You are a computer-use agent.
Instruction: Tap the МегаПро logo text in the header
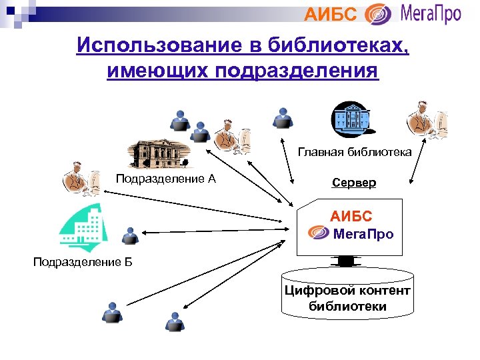pyautogui.click(x=431, y=14)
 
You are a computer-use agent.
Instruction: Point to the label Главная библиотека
pyautogui.click(x=354, y=153)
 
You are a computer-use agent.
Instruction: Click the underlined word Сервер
pyautogui.click(x=354, y=182)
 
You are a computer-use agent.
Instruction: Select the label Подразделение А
pyautogui.click(x=165, y=178)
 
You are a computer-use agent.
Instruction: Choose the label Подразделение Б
pyautogui.click(x=83, y=261)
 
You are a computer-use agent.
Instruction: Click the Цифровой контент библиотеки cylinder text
pyautogui.click(x=347, y=298)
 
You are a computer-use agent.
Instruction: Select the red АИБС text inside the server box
pyautogui.click(x=351, y=217)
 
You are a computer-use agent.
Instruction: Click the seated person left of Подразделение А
pyautogui.click(x=82, y=179)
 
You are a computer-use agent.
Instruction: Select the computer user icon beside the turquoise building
pyautogui.click(x=131, y=235)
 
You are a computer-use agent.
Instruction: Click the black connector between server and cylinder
pyautogui.click(x=346, y=261)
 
